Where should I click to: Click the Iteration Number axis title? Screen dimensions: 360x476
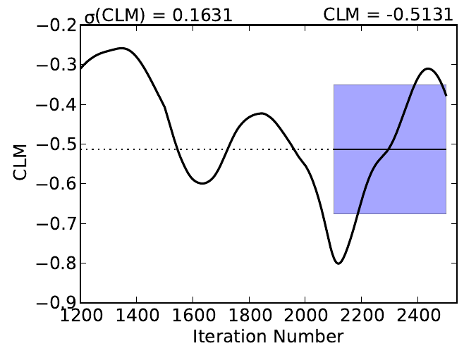pos(268,336)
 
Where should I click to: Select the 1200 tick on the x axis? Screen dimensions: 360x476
pos(80,315)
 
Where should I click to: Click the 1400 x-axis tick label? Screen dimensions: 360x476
pos(136,315)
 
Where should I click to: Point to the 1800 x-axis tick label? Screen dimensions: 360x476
pos(249,315)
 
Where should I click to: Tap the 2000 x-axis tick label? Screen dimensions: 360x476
pos(305,315)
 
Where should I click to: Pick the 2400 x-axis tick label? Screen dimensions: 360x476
pos(418,315)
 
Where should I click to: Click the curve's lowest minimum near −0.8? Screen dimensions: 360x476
pos(338,263)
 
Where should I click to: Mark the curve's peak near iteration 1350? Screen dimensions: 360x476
pos(122,49)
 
